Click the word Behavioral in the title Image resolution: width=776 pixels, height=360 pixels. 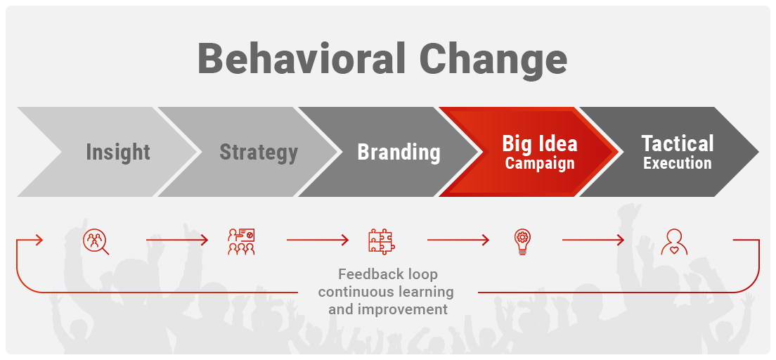pyautogui.click(x=302, y=58)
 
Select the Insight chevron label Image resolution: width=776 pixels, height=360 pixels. pyautogui.click(x=118, y=152)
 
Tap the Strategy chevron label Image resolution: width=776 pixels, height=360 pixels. pyautogui.click(x=259, y=152)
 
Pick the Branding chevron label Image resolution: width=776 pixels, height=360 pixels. pyautogui.click(x=399, y=152)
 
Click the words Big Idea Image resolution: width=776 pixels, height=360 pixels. pyautogui.click(x=540, y=143)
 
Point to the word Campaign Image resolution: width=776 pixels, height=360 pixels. pyautogui.click(x=540, y=163)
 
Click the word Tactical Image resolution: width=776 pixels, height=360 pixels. pyautogui.click(x=678, y=143)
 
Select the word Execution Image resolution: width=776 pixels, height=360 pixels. pyautogui.click(x=678, y=163)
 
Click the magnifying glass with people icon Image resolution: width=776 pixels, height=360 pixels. pyautogui.click(x=96, y=242)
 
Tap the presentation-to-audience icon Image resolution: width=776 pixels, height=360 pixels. pyautogui.click(x=241, y=242)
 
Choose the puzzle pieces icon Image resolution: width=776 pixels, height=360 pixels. pyautogui.click(x=382, y=242)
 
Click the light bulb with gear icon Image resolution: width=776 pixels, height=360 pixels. pyautogui.click(x=522, y=242)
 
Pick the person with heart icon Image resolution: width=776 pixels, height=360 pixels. pyautogui.click(x=673, y=242)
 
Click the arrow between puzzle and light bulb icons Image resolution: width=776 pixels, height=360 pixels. pyautogui.click(x=458, y=240)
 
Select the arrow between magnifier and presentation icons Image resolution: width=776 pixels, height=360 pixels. pyautogui.click(x=176, y=240)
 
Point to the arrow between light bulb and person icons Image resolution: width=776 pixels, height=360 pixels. pyautogui.click(x=593, y=240)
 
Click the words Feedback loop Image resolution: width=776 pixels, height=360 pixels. pyautogui.click(x=387, y=274)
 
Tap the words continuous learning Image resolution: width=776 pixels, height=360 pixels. pyautogui.click(x=386, y=292)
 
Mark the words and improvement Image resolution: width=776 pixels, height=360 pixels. pyautogui.click(x=388, y=310)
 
